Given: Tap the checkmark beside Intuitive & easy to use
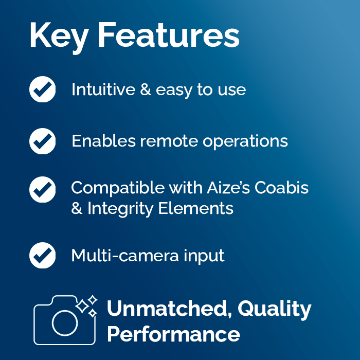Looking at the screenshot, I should click(x=43, y=90).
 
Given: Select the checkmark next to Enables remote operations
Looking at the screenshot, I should click(x=43, y=141).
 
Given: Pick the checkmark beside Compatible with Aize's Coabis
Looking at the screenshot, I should click(x=43, y=189).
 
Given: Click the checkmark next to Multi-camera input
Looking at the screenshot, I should click(x=43, y=255).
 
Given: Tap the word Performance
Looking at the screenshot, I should click(x=173, y=334).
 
